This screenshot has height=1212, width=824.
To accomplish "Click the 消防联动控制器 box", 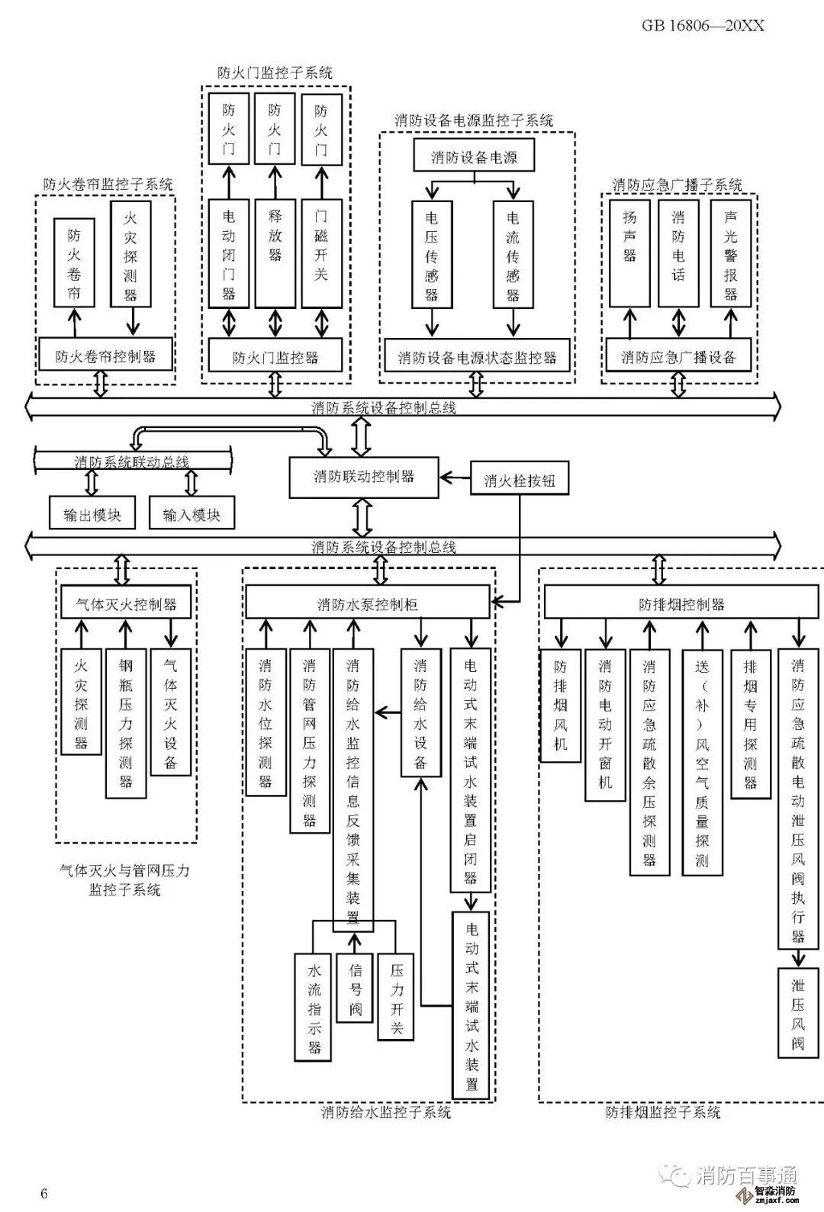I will (x=364, y=477).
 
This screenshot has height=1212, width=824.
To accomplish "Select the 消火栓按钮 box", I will (x=520, y=481).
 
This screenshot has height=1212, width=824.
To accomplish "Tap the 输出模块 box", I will (x=92, y=515).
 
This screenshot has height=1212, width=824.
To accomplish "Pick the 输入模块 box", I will (x=192, y=515).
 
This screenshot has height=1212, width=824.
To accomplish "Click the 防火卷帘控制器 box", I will (x=105, y=356).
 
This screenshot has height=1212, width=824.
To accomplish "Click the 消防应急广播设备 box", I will (x=678, y=357).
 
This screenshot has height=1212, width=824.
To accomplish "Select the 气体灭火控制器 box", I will (x=126, y=604).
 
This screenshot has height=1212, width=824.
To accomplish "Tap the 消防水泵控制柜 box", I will (x=367, y=605).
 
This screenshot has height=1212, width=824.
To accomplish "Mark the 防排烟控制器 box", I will (x=681, y=605).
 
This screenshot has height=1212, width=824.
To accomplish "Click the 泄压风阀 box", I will (x=797, y=1013).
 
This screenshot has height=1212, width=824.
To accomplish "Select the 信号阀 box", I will (x=355, y=989).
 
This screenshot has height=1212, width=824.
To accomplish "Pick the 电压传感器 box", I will (x=432, y=255).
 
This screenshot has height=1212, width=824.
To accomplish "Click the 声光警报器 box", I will (x=730, y=255).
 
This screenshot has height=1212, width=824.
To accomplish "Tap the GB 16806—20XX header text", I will (x=703, y=26).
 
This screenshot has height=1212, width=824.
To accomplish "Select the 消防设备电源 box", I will (x=474, y=157).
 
